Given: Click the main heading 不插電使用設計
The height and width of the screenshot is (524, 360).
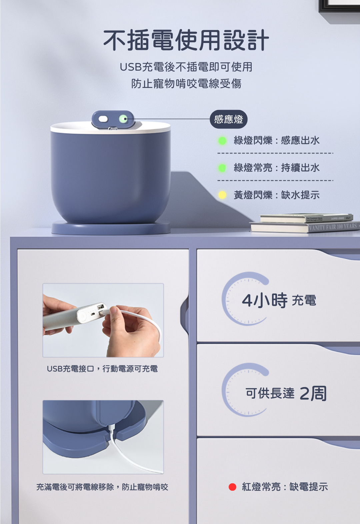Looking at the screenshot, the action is (186, 40).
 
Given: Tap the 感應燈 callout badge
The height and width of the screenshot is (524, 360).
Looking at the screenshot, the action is (228, 119).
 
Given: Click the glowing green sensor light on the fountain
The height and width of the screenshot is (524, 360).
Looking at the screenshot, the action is (123, 119).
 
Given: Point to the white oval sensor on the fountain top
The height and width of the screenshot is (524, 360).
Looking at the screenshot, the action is (103, 119).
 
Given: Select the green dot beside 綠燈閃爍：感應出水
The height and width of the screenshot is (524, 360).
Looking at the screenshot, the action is (222, 141).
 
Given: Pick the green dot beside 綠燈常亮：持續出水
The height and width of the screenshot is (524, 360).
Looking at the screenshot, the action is (222, 168).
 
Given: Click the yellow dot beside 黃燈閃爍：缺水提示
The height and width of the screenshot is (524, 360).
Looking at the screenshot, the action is (222, 195).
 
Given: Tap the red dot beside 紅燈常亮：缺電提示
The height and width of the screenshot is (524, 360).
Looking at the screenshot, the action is (232, 487).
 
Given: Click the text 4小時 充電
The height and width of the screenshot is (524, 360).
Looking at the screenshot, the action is (279, 300).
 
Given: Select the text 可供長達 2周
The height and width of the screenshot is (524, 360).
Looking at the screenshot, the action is (286, 393).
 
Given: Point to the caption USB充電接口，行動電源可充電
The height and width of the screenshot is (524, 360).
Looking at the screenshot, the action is (102, 369).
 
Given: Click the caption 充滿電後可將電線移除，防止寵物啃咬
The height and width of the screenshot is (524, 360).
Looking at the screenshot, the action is (102, 487).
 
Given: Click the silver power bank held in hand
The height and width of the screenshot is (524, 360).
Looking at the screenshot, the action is (75, 316).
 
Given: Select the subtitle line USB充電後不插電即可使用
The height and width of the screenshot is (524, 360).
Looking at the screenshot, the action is (186, 67).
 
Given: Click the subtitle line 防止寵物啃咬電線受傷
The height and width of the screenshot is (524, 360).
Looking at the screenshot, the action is (186, 84).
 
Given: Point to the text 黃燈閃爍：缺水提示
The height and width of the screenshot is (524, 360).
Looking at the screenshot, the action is (277, 195).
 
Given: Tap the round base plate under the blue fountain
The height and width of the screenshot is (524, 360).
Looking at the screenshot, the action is (111, 228).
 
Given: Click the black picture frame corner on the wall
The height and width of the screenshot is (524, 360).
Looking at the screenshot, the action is (339, 6).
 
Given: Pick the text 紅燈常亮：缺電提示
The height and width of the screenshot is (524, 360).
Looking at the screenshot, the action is (285, 487).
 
